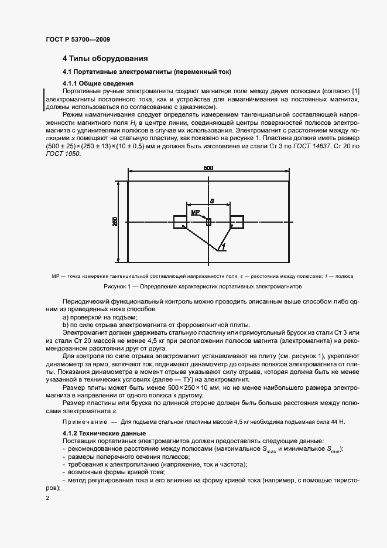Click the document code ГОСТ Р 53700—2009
[x=77, y=39]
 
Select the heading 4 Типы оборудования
[x=105, y=59]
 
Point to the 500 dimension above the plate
[x=208, y=168]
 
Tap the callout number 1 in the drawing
[x=222, y=249]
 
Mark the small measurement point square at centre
[x=208, y=221]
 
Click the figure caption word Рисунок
[x=117, y=287]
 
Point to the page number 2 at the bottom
[x=47, y=498]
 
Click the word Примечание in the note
[x=82, y=421]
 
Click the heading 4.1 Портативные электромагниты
[x=147, y=72]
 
